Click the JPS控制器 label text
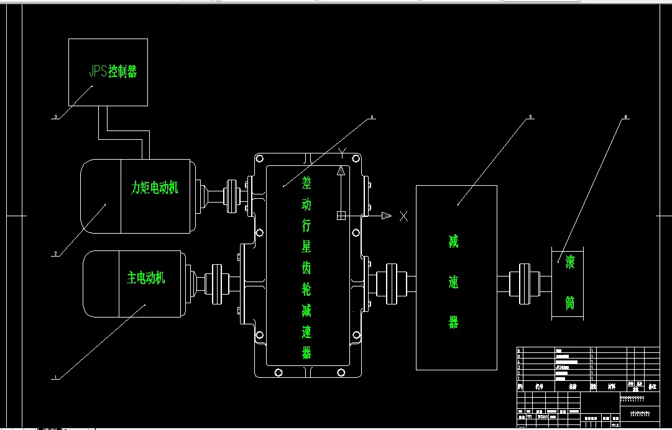pos(113,71)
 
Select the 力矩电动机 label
pos(155,187)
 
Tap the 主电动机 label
pos(146,277)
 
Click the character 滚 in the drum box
pos(569,263)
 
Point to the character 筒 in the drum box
pos(569,302)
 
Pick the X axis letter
pos(404,216)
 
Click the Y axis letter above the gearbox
pos(341,151)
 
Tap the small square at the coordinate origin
pos(341,216)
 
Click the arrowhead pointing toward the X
pos(386,216)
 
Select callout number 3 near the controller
pos(56,116)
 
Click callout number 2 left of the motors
pos(56,254)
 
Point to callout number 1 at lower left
pos(56,377)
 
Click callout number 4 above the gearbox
pos(372,116)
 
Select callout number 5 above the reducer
pos(530,116)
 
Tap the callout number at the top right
pos(625,116)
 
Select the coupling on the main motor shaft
pos(216,283)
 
